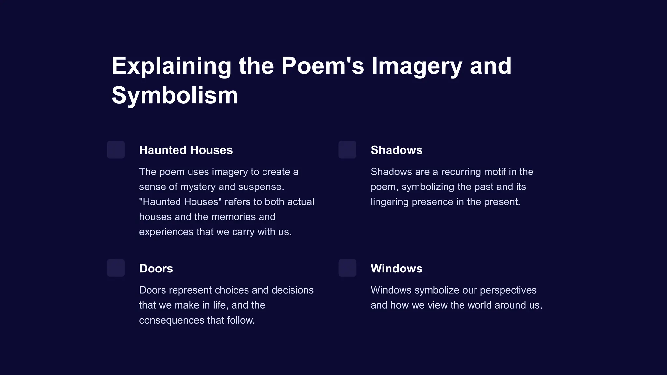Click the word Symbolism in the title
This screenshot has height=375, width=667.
tap(175, 95)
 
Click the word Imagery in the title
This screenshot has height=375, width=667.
tap(417, 66)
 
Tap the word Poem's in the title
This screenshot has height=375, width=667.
tap(322, 66)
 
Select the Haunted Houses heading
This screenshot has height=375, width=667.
tap(186, 150)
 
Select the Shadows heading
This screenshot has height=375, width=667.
tap(396, 150)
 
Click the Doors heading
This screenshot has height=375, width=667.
tap(156, 269)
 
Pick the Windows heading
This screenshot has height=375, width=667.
tap(396, 269)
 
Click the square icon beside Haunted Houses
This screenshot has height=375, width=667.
tap(116, 149)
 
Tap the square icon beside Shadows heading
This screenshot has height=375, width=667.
tap(347, 149)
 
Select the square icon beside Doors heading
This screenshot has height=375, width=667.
tap(116, 268)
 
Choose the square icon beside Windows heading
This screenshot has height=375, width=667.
tap(347, 268)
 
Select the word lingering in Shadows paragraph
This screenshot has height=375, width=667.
tap(390, 202)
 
